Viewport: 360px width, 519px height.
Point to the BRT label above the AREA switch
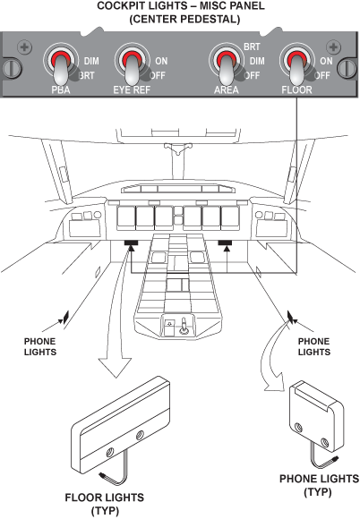coord(252,47)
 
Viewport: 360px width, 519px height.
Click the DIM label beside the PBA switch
coord(91,61)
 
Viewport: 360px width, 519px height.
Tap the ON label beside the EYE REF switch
coord(161,61)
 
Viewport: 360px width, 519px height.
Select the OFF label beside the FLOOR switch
coord(322,76)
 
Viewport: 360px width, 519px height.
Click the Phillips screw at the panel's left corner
coord(24,47)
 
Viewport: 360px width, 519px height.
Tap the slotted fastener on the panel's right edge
coord(347,68)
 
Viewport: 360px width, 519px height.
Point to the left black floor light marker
coord(131,243)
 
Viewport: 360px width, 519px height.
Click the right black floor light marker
coord(225,243)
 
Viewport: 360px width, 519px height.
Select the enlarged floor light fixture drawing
coord(121,426)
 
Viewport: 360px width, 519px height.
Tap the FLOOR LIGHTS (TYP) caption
coord(104,505)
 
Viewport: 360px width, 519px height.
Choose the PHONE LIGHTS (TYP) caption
coord(319,485)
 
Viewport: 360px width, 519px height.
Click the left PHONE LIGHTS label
coord(40,346)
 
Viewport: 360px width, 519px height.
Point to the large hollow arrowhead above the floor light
coord(115,369)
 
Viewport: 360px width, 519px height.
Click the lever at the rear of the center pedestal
coord(184,327)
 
